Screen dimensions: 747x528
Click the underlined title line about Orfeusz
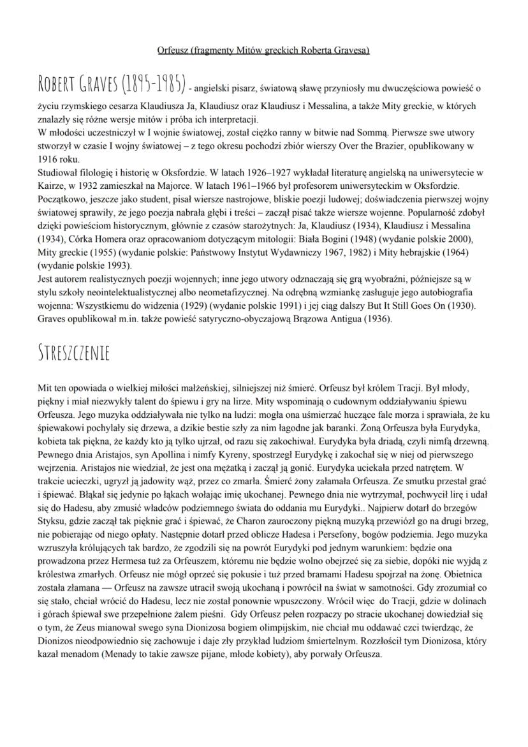click(263, 50)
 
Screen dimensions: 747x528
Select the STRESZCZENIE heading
click(73, 353)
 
